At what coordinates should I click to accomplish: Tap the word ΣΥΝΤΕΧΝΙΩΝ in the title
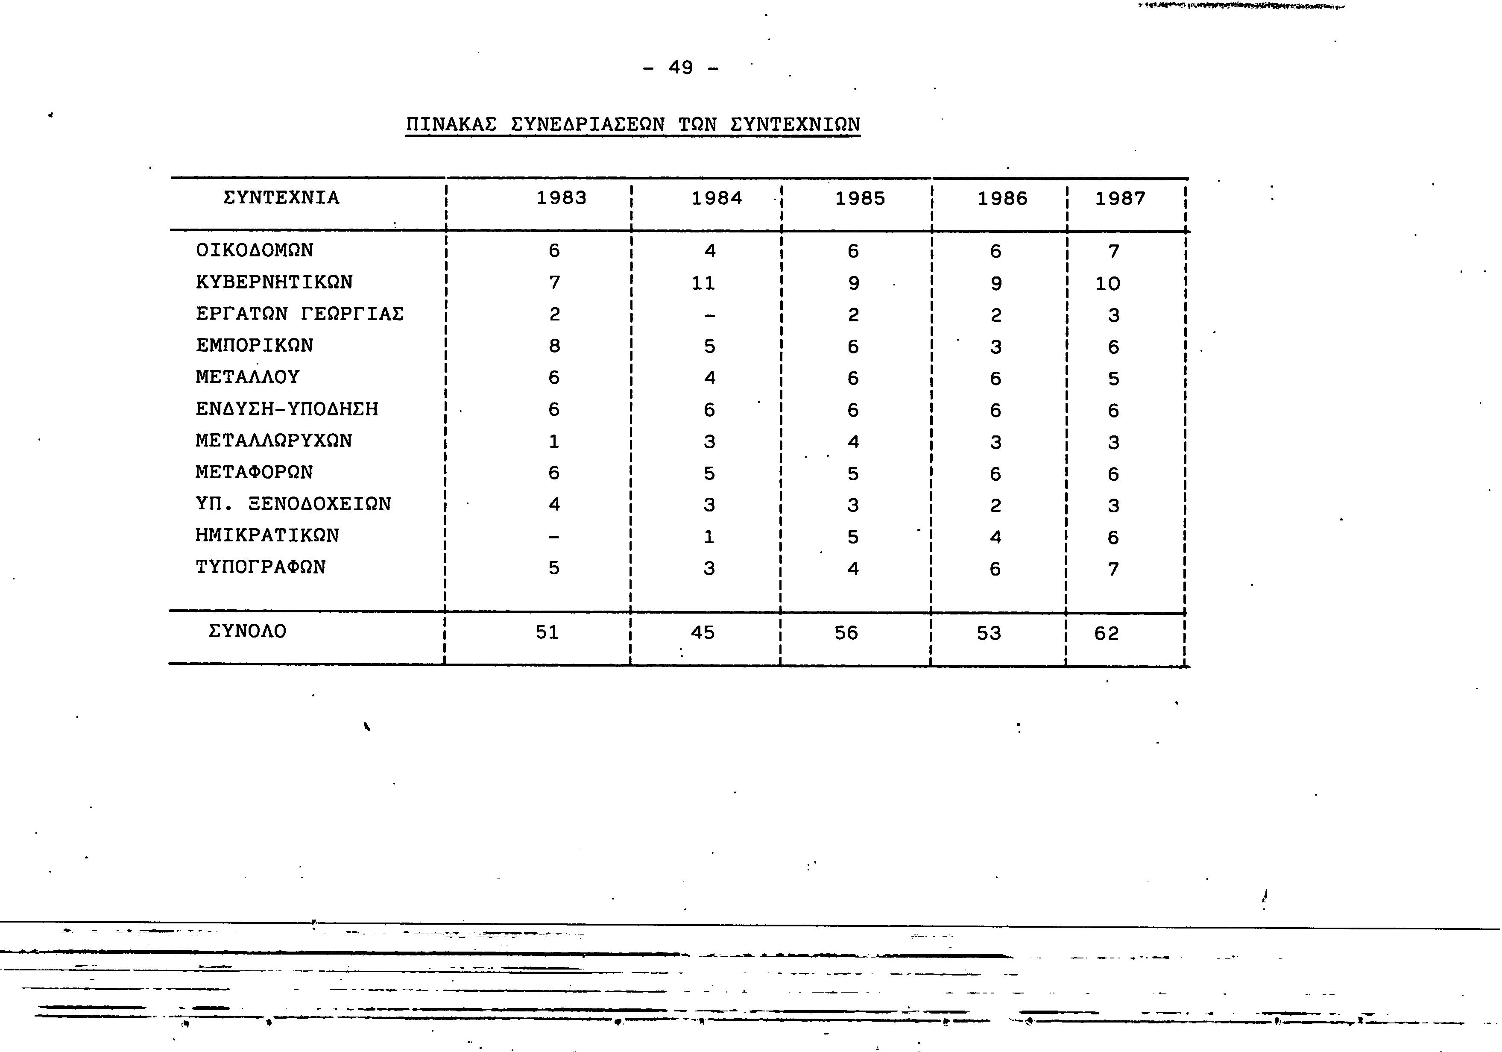pyautogui.click(x=794, y=124)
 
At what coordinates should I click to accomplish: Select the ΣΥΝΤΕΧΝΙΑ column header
pyautogui.click(x=281, y=198)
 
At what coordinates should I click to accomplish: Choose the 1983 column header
pyautogui.click(x=561, y=198)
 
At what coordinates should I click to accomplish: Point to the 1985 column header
pyautogui.click(x=860, y=198)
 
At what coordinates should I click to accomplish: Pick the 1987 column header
pyautogui.click(x=1120, y=198)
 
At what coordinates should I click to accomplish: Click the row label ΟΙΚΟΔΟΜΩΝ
pyautogui.click(x=255, y=250)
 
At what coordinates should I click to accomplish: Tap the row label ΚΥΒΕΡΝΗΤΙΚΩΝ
pyautogui.click(x=274, y=282)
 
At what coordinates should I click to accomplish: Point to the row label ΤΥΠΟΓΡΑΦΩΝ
pyautogui.click(x=261, y=567)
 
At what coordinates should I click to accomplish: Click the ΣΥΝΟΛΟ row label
pyautogui.click(x=247, y=631)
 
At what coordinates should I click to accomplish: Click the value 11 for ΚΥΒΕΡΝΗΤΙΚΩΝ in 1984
pyautogui.click(x=703, y=283)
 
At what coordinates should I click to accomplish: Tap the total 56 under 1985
pyautogui.click(x=846, y=632)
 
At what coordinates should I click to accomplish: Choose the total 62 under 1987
pyautogui.click(x=1106, y=634)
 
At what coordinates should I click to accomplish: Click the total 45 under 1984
pyautogui.click(x=703, y=632)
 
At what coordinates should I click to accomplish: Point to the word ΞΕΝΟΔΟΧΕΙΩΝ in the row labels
pyautogui.click(x=320, y=504)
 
